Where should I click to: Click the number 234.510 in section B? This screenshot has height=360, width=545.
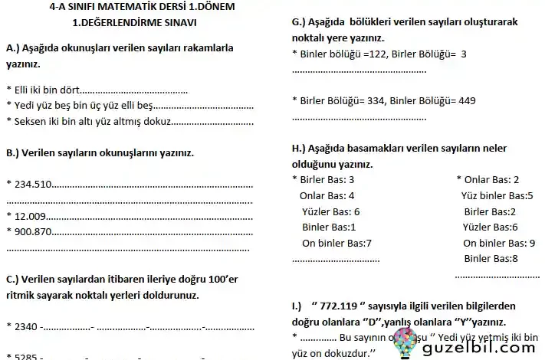tap(31, 184)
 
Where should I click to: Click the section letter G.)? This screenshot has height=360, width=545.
tap(300, 21)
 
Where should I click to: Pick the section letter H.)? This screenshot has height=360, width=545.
tap(300, 147)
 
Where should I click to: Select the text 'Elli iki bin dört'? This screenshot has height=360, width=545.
tap(45, 89)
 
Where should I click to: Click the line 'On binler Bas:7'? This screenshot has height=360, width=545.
tap(337, 243)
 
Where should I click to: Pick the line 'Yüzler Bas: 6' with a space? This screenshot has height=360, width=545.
tap(330, 211)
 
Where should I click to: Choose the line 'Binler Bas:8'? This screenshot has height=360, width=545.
tap(491, 259)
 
